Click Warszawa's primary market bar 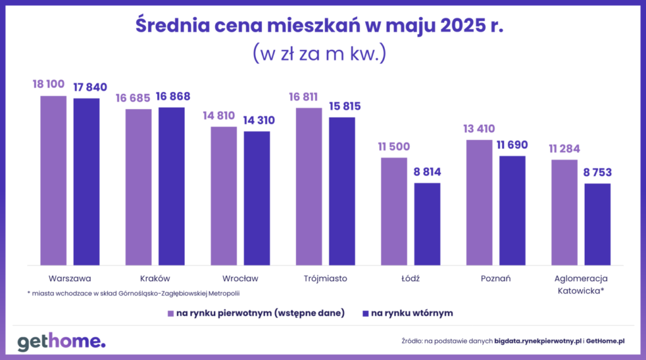[53, 180]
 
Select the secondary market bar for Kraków [171, 186]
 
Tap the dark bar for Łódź [427, 224]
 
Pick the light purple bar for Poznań [479, 202]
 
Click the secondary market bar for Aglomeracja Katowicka [597, 224]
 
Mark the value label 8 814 [427, 172]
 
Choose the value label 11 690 [512, 145]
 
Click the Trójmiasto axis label [325, 278]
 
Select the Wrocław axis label [240, 278]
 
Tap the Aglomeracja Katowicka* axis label [580, 284]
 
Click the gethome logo [61, 342]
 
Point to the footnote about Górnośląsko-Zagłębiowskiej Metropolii [134, 293]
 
